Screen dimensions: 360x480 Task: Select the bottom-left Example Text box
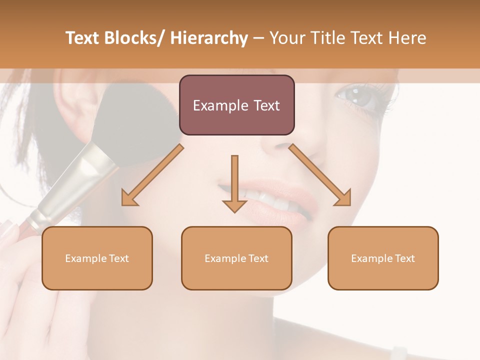(x=97, y=258)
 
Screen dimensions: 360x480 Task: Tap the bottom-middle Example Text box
(x=236, y=258)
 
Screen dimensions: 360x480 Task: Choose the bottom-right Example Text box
(x=383, y=258)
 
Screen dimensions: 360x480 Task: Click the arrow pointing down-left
(x=152, y=175)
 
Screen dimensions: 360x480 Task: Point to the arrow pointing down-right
(x=320, y=175)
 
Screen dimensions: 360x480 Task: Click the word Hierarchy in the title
(x=208, y=38)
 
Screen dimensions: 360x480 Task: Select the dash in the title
(x=258, y=38)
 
